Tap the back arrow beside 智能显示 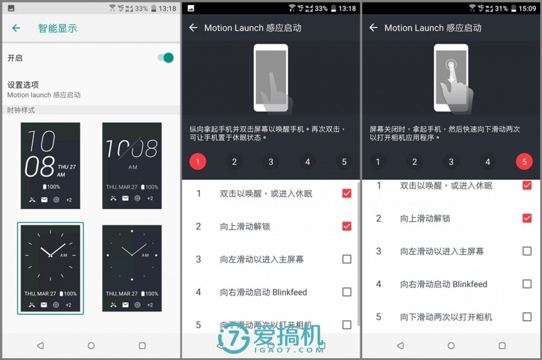[17, 28]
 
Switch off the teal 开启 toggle [165, 58]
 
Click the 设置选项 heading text [23, 85]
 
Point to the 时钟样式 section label [21, 110]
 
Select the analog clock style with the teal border [51, 268]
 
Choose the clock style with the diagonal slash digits [132, 165]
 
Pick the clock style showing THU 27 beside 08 [51, 165]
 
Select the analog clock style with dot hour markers [132, 268]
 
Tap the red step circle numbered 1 [197, 162]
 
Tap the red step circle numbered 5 [524, 162]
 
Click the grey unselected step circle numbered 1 [378, 162]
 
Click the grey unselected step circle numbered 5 [344, 162]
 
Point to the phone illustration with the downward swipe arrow [451, 78]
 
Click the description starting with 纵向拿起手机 [267, 133]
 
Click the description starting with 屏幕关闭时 [445, 133]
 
